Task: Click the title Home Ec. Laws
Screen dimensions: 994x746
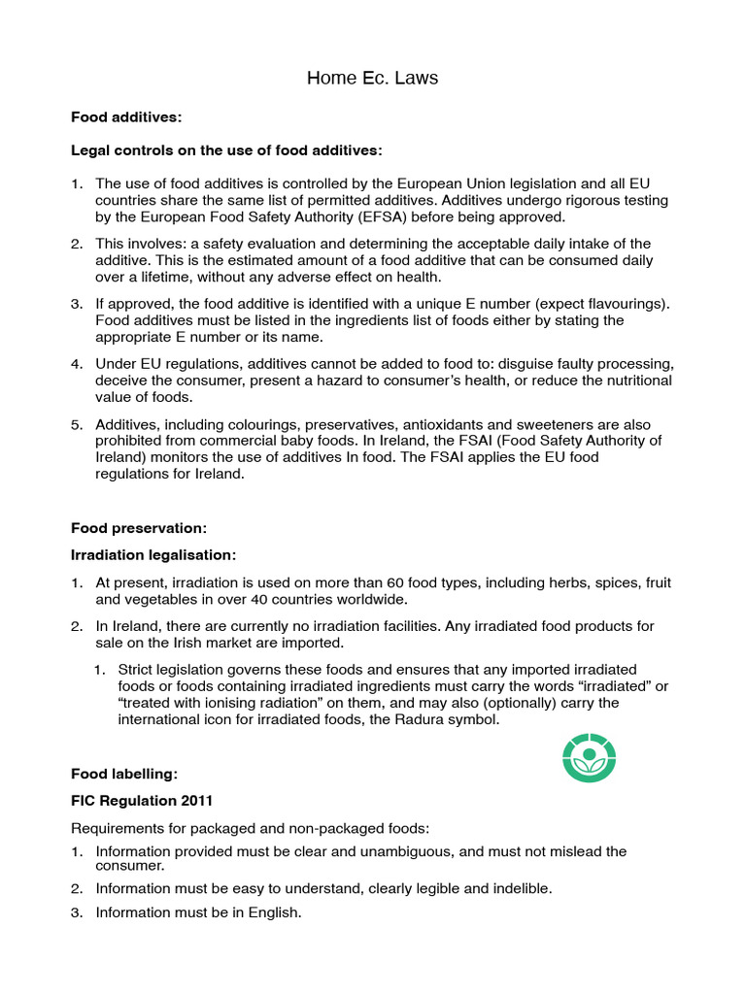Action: (x=372, y=79)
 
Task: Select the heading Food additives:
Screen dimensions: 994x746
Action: (x=126, y=117)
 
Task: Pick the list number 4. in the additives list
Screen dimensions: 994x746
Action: (x=77, y=364)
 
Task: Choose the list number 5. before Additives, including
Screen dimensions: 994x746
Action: (x=77, y=425)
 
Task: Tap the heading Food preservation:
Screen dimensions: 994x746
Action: (x=139, y=529)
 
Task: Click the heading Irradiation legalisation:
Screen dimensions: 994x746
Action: (x=153, y=555)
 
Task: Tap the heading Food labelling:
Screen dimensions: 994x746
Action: (x=124, y=774)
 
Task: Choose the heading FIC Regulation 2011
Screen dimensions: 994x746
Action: (x=140, y=801)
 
